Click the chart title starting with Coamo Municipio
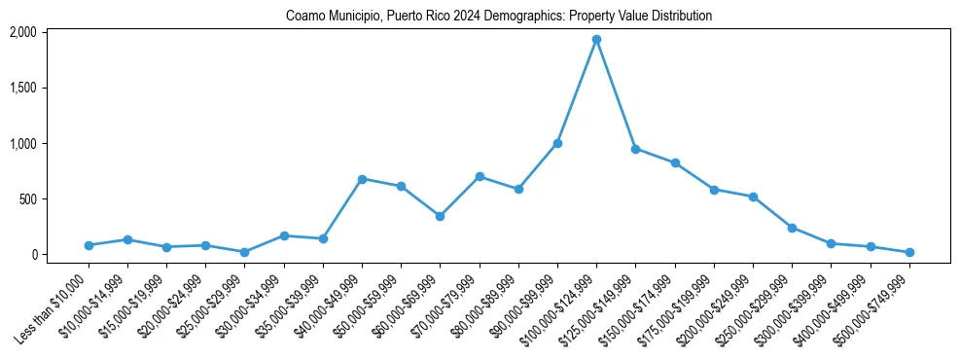(x=499, y=17)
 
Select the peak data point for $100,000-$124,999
(x=596, y=40)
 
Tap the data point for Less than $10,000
(x=89, y=245)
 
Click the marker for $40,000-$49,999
(x=362, y=179)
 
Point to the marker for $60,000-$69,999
(x=440, y=216)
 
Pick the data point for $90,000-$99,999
(x=557, y=143)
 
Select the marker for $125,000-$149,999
(x=635, y=149)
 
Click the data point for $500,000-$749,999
(x=908, y=252)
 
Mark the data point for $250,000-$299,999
(x=792, y=228)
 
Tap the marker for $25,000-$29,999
(x=244, y=252)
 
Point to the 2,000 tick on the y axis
(x=22, y=32)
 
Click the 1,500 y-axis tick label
(x=22, y=88)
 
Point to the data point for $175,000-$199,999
(x=714, y=190)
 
